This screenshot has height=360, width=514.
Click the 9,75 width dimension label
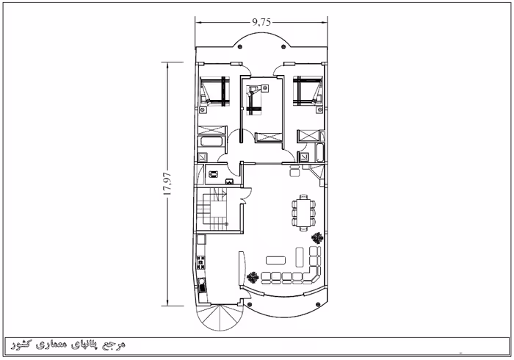point(261,22)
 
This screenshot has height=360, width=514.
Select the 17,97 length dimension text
point(167,184)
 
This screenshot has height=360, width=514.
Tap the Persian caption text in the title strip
point(68,345)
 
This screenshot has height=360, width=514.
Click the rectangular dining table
point(303,213)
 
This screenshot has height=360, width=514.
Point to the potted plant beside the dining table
point(317,238)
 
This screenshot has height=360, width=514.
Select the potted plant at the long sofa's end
point(253,278)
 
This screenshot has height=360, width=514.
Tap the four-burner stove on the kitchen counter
point(200,262)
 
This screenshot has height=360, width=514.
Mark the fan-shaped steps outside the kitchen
point(220,317)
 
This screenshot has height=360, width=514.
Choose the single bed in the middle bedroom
point(254,101)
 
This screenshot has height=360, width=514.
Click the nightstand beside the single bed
point(265,88)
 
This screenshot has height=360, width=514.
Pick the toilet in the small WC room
point(213,174)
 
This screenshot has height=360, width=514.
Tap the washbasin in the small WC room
point(229,181)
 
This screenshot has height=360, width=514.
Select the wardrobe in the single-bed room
point(269,137)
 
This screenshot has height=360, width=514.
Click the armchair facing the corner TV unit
point(294,170)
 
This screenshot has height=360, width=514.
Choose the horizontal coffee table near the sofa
point(275,260)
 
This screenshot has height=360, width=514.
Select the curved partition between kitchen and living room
point(242,269)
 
